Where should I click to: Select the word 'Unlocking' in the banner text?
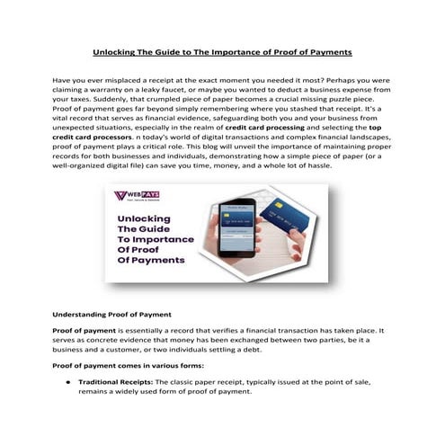[x=145, y=218]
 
